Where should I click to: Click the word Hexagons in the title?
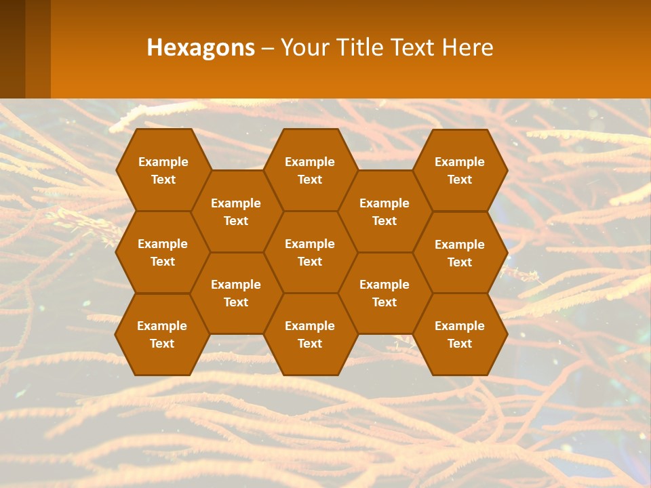[x=201, y=47]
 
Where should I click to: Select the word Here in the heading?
[x=467, y=47]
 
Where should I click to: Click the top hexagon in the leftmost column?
[x=163, y=170]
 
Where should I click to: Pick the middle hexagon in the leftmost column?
[x=163, y=252]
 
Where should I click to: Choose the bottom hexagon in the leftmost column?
[x=162, y=334]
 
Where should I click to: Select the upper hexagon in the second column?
[x=236, y=211]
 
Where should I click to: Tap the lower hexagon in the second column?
[x=236, y=293]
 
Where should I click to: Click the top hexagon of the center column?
[x=310, y=170]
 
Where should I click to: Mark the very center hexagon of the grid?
[x=310, y=252]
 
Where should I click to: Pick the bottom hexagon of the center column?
[x=310, y=334]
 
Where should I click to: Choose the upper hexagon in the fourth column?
[x=384, y=211]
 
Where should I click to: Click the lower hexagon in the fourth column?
[x=384, y=293]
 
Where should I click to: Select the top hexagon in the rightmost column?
[x=460, y=170]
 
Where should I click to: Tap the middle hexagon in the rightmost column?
[x=460, y=253]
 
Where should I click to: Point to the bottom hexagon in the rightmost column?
[x=460, y=334]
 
